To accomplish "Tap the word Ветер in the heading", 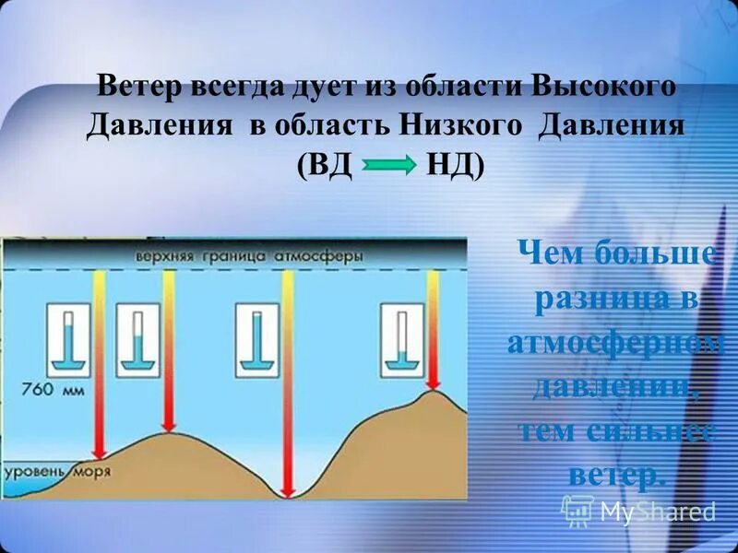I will click(x=139, y=89).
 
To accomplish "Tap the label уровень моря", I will click(x=58, y=471).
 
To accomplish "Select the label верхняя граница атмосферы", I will click(x=248, y=255).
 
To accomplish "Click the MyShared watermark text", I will click(x=657, y=511).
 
